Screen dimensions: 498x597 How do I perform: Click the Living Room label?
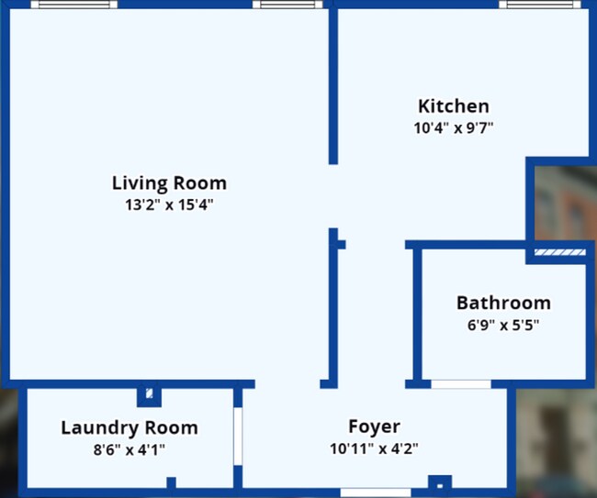coord(169,183)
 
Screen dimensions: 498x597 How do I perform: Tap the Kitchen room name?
coord(454,106)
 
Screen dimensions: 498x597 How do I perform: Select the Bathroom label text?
coord(503,303)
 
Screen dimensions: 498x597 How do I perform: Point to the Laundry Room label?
coord(130,427)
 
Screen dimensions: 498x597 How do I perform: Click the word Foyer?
coord(374,426)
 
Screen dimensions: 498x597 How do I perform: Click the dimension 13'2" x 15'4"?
coord(169,205)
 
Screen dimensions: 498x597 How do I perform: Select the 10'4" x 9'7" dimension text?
coord(454,128)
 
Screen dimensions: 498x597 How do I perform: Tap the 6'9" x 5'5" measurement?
coord(503,325)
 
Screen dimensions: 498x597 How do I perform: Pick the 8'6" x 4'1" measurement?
coord(130,449)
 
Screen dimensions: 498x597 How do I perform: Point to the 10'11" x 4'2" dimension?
coord(374,449)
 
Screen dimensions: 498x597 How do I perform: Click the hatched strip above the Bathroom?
coord(560,251)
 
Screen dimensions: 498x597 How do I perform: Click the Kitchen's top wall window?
coord(542,5)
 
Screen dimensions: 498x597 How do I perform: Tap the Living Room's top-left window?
coord(73,5)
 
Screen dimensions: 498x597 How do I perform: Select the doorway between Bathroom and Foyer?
coord(460,383)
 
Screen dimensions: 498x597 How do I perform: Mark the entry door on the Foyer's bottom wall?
coord(375,492)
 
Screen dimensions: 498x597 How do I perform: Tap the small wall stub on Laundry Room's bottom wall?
coord(171,483)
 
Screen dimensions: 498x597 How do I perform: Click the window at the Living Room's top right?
coord(287,5)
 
